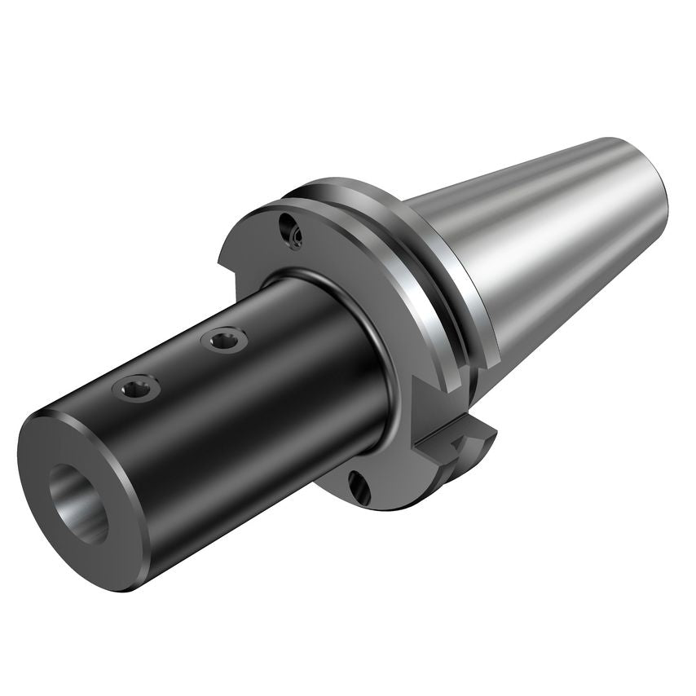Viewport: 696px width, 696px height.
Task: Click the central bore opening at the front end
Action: tap(79, 503)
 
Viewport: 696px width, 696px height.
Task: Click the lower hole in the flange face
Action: tap(359, 487)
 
